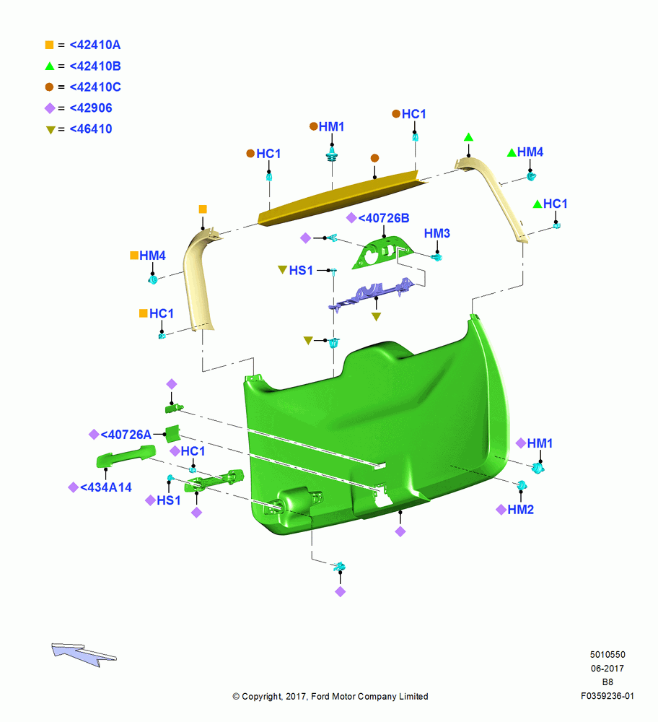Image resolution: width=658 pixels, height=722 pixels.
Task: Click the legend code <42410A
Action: [x=95, y=45]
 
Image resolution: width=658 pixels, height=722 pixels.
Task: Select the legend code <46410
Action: [x=91, y=129]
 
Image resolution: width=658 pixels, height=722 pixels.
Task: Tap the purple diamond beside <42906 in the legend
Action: [x=50, y=108]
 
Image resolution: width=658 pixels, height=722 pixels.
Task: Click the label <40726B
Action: [x=384, y=218]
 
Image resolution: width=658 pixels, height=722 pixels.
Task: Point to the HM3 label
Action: [x=437, y=233]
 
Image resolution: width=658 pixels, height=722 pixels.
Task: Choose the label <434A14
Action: [x=106, y=487]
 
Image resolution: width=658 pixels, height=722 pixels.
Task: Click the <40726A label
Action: [x=126, y=435]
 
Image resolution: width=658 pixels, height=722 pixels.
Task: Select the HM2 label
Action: [x=520, y=510]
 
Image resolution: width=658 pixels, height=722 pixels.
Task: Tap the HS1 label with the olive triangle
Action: [x=301, y=270]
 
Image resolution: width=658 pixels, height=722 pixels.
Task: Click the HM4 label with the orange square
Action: [x=152, y=256]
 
